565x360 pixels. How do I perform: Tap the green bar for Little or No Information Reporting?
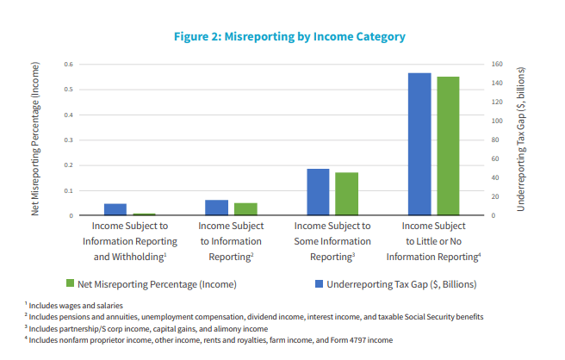click(x=448, y=146)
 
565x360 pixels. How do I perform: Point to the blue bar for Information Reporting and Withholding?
click(x=115, y=209)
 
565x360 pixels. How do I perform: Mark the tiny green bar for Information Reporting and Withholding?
click(x=144, y=214)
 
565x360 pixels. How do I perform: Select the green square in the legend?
click(x=70, y=283)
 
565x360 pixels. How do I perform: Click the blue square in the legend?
click(x=319, y=283)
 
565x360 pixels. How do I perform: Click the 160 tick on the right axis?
click(x=496, y=65)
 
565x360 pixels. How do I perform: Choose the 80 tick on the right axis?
click(x=496, y=140)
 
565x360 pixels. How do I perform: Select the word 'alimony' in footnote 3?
click(x=198, y=328)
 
